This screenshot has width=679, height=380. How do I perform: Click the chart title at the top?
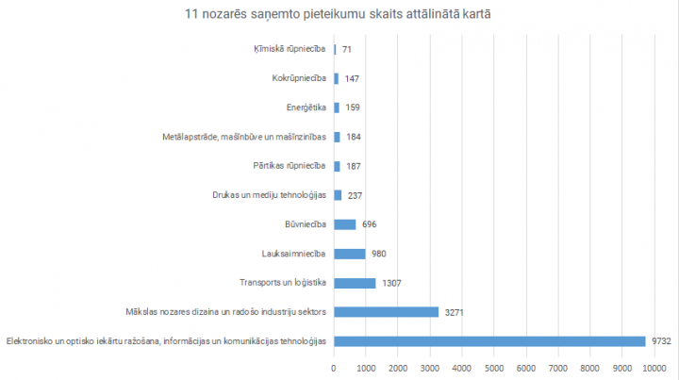[x=339, y=14]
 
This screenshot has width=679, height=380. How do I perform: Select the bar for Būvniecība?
[x=345, y=224]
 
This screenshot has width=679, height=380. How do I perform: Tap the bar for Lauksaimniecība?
[x=350, y=254]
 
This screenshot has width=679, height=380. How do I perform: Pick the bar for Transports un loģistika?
[x=355, y=283]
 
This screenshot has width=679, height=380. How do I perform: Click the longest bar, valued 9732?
[x=489, y=341]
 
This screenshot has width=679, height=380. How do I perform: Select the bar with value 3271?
[x=387, y=312]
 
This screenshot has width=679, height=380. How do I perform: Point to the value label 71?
[x=347, y=49]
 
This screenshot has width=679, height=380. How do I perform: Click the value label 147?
[x=352, y=78]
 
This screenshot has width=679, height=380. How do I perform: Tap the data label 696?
[x=370, y=224]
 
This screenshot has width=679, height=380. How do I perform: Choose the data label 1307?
[x=391, y=283]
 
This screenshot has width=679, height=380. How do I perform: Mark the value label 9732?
[x=660, y=341]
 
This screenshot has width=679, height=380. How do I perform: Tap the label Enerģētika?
[x=306, y=107]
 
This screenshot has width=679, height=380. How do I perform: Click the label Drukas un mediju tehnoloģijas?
[x=269, y=195]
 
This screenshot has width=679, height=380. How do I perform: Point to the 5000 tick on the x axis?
[x=494, y=368]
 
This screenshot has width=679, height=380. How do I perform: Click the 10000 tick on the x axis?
[x=654, y=368]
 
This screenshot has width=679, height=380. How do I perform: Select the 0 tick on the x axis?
[x=334, y=368]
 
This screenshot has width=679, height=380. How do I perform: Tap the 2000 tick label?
[x=398, y=368]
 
